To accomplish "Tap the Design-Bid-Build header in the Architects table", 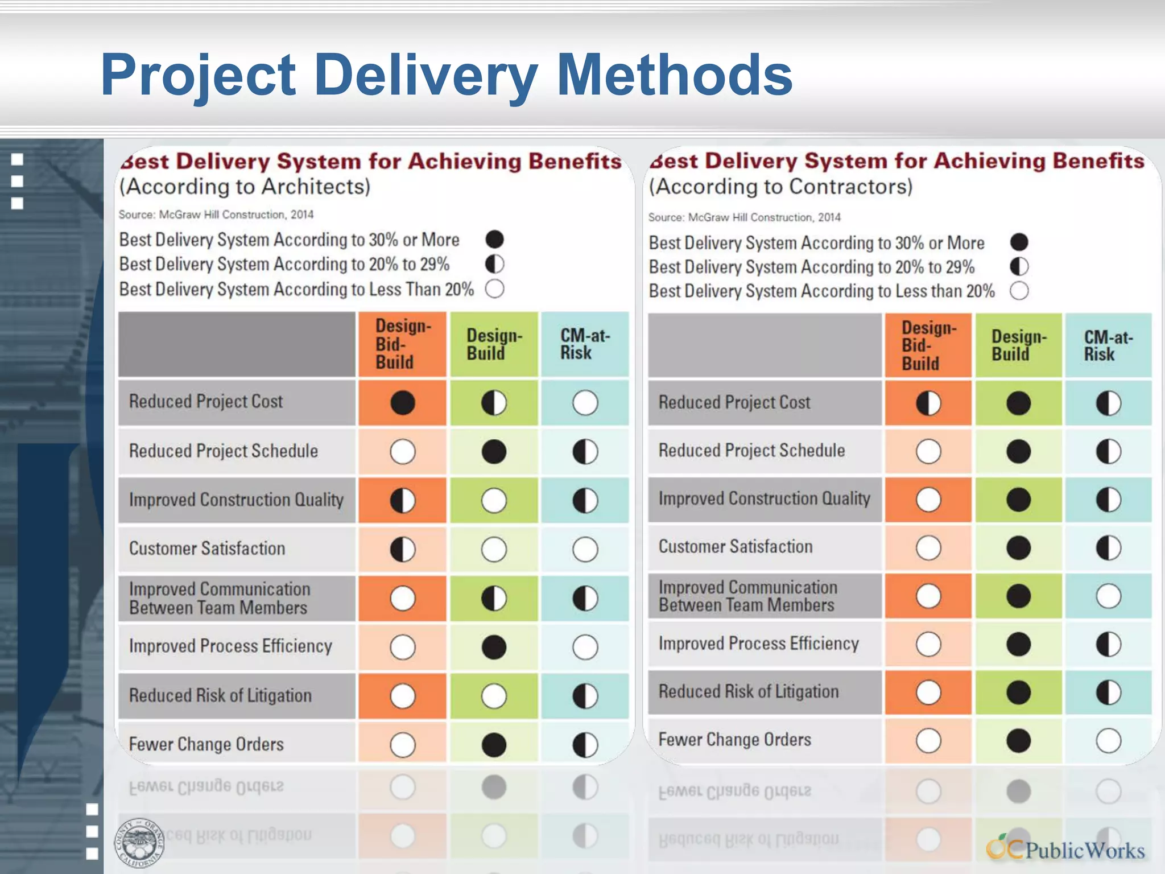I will click(403, 344).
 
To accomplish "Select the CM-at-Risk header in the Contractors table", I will click(1108, 345).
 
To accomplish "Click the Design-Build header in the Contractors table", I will click(1018, 345).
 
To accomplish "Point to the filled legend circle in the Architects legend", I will click(494, 240).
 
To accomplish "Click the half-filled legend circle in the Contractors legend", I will click(1019, 266).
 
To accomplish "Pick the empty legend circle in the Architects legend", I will click(494, 289).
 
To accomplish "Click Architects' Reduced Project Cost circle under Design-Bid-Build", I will click(403, 403).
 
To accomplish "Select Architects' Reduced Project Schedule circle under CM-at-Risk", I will click(585, 452).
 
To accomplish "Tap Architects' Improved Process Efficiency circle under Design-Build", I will click(494, 647).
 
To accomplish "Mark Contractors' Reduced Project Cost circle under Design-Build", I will click(1018, 403).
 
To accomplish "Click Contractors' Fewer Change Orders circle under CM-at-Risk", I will click(1108, 741).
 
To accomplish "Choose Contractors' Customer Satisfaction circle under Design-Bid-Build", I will click(928, 548).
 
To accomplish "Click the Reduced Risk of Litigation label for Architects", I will click(220, 695).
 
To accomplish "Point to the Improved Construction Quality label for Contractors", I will click(764, 499).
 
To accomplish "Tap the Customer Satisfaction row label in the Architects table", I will click(207, 549).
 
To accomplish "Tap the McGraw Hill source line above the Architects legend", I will click(216, 215).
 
